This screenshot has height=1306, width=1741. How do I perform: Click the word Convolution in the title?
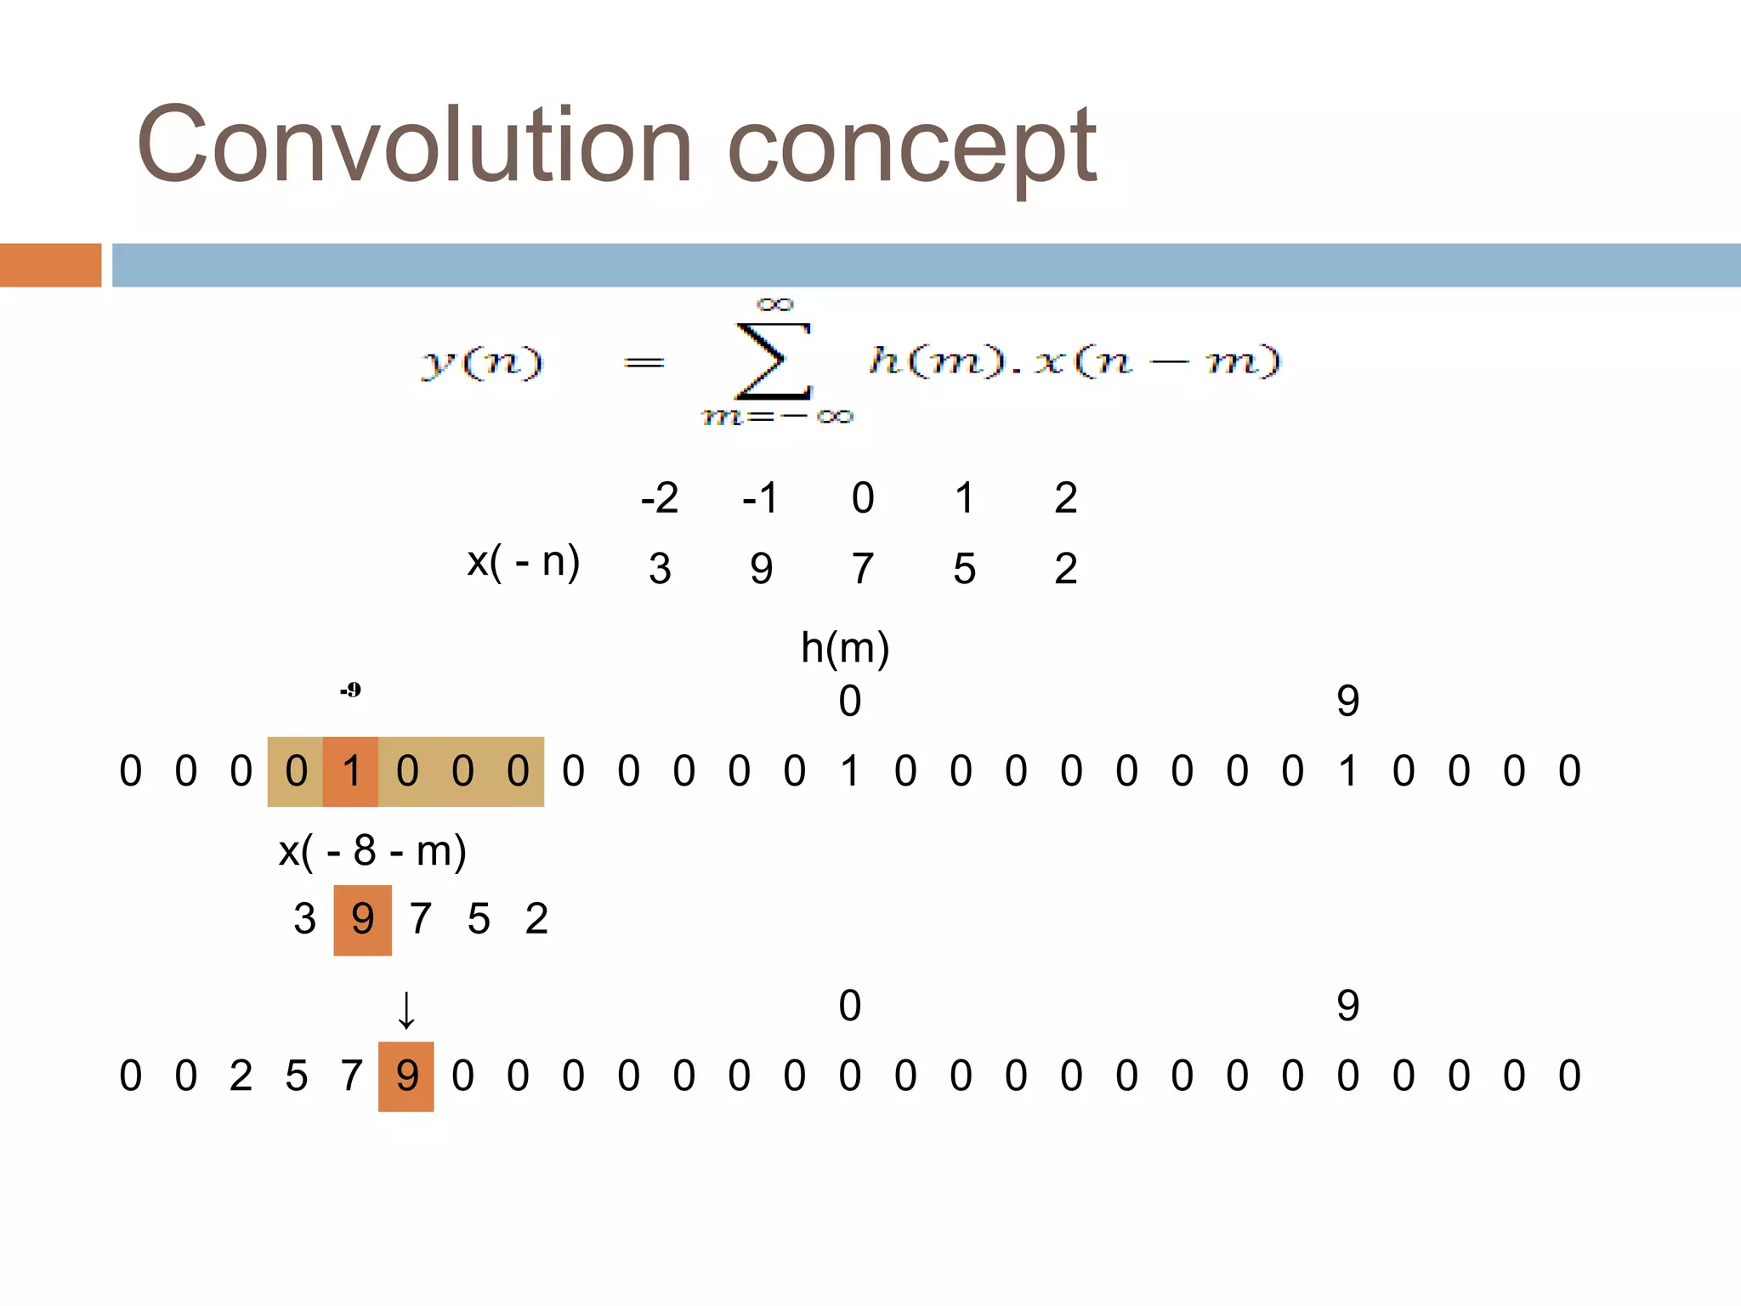(414, 145)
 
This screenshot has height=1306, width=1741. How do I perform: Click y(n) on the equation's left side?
(482, 363)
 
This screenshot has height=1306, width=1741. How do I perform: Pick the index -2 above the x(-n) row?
(659, 497)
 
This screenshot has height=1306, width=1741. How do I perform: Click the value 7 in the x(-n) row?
(862, 568)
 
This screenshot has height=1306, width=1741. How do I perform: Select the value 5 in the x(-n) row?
(964, 568)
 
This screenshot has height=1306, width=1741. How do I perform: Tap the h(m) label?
(845, 648)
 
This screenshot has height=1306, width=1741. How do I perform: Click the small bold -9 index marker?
(350, 690)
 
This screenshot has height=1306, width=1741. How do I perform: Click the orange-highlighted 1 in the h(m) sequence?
(350, 771)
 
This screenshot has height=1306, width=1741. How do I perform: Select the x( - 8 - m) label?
(372, 850)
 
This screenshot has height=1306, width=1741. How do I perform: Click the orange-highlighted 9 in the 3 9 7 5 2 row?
(363, 919)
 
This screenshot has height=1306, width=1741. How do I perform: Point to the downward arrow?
(406, 1010)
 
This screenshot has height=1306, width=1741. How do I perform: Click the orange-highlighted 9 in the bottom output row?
(406, 1076)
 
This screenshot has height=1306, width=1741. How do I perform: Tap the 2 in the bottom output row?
(241, 1076)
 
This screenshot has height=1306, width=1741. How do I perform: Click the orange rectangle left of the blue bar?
(50, 265)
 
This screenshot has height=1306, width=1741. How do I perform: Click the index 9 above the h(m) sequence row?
(1347, 701)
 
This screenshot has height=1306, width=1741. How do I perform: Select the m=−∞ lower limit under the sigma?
(776, 417)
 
